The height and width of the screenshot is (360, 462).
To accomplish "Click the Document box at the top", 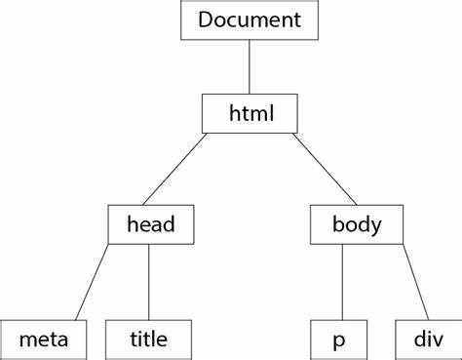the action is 249,20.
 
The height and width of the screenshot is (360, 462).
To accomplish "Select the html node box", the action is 249,113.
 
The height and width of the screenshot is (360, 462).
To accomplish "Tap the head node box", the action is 150,225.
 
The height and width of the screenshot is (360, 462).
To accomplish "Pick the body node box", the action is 356,225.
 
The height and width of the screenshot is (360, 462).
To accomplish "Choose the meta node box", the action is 44,340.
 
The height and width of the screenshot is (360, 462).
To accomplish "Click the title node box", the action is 148,340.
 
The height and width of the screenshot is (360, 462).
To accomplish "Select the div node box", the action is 427,340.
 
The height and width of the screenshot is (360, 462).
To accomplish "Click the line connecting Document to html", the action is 250,66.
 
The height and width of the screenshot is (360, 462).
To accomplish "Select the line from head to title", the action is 148,282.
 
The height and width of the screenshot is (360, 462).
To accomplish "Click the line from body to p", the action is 342,282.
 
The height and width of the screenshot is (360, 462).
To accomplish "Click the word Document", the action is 249,20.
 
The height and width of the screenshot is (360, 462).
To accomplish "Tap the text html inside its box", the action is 249,113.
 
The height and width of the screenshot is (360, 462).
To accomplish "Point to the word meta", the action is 44,340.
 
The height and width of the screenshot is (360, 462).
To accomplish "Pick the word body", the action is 356,225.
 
